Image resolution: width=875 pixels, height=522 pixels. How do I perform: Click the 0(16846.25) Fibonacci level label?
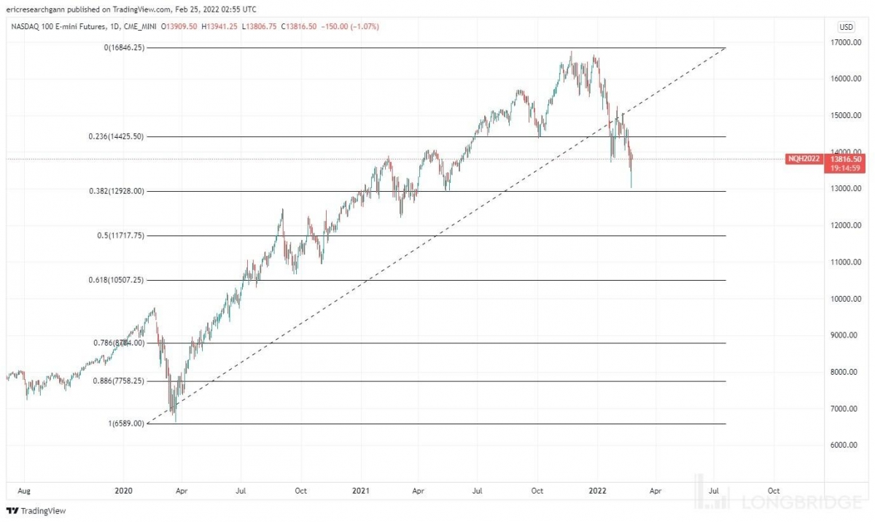click(123, 48)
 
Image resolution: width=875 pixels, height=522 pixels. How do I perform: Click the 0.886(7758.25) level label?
click(120, 381)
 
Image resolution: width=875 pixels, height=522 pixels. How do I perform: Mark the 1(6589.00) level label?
click(126, 424)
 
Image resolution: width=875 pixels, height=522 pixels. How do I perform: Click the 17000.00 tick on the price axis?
click(847, 42)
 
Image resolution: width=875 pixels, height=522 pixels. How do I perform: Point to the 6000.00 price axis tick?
click(847, 445)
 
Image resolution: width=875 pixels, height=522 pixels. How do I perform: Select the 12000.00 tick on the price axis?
click(847, 225)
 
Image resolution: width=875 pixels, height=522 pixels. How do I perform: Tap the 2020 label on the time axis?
click(123, 491)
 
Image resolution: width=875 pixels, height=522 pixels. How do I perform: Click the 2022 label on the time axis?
click(597, 491)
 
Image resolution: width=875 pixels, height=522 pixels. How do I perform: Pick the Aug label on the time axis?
click(23, 491)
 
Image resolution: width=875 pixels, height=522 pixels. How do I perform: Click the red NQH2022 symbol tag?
click(803, 159)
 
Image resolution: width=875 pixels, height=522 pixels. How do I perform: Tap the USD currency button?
click(847, 27)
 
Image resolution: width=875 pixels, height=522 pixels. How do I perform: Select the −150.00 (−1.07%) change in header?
click(351, 27)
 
